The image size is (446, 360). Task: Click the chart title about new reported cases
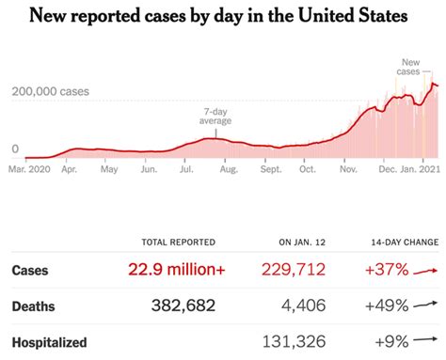[222, 17]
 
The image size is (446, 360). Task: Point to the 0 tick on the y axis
[15, 149]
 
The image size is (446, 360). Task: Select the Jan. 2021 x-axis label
[415, 171]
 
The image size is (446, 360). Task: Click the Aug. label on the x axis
[228, 171]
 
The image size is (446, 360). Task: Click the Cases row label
[30, 271]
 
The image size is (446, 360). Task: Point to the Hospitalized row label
[49, 342]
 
